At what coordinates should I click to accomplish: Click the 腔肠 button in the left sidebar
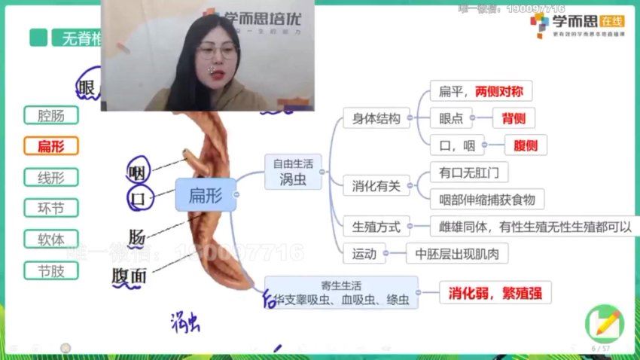(51, 115)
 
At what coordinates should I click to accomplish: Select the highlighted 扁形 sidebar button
(51, 146)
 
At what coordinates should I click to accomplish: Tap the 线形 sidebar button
(51, 178)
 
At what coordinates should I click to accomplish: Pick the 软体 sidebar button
(51, 239)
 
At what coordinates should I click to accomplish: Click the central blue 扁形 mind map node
(205, 194)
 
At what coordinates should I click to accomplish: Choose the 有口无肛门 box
(469, 172)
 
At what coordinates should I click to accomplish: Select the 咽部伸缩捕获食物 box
(486, 199)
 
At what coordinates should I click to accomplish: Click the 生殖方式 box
(376, 226)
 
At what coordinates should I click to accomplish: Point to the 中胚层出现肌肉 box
(457, 253)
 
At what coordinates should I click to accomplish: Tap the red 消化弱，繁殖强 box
(495, 292)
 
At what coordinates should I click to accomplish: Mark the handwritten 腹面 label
(129, 276)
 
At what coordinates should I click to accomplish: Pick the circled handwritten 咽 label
(138, 171)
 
